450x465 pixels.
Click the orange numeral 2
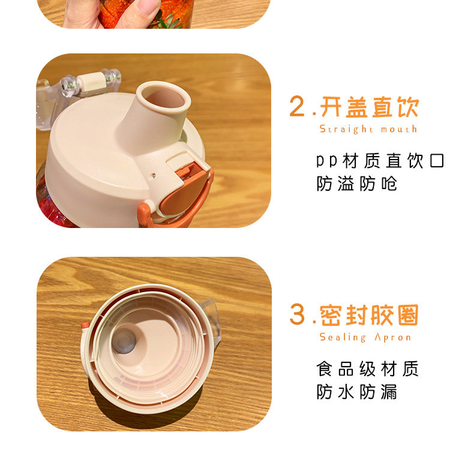coord(297,106)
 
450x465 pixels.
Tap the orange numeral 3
coord(298,314)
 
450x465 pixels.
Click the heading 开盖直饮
coord(370,107)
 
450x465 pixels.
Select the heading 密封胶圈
coord(370,315)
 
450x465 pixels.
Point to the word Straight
coord(346,129)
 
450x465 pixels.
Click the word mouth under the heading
coord(399,129)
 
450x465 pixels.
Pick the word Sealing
coord(343,337)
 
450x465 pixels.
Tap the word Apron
coord(393,337)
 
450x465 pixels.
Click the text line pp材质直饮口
coord(380,161)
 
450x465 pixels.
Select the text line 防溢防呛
coord(356,184)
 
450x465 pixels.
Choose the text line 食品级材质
coord(368,369)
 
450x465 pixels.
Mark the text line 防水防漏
coord(356,392)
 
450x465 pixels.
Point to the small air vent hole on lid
coord(154,175)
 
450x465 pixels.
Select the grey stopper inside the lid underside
coord(124,341)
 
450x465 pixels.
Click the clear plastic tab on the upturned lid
coord(211,320)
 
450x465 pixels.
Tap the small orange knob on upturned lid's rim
coord(85,325)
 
